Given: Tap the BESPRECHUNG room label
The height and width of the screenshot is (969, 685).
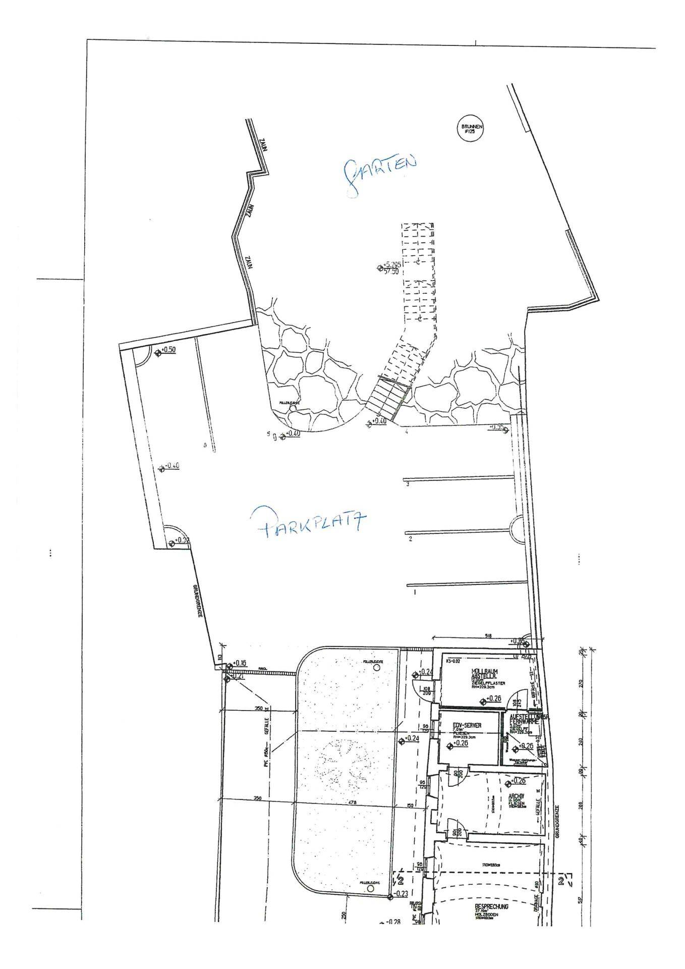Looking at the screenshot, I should pos(492,906).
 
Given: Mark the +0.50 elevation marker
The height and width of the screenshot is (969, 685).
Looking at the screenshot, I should pos(168,350).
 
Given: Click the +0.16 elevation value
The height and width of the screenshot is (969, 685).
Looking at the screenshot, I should pos(239,663).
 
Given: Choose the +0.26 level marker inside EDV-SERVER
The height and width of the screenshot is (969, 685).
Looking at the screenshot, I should pos(460,743).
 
